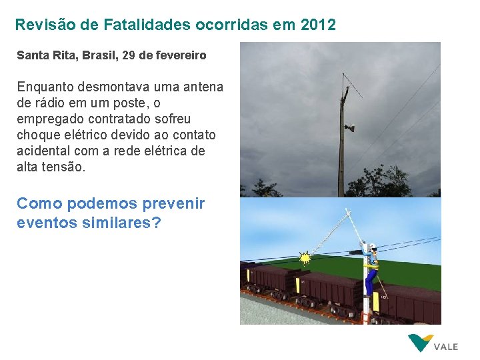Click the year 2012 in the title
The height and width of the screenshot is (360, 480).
click(x=319, y=25)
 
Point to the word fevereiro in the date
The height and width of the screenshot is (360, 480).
click(x=180, y=55)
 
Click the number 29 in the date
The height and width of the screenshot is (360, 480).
click(x=127, y=55)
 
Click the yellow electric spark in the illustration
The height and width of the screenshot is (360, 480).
click(x=306, y=257)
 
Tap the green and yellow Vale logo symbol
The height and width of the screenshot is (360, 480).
click(x=420, y=343)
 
